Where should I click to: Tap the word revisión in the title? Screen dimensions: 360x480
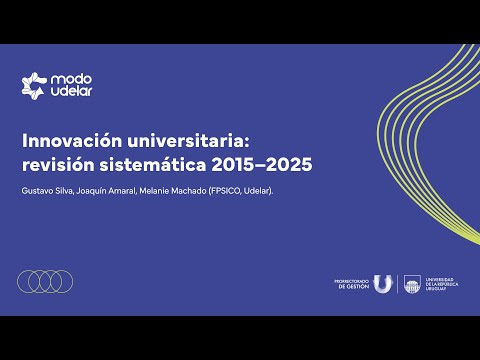(x=56, y=162)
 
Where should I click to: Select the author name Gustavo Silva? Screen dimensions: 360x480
(x=46, y=190)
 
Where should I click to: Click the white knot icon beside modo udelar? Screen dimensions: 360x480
(x=35, y=85)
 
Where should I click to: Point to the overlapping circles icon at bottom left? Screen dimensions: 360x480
(x=46, y=282)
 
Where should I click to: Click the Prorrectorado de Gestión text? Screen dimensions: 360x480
(x=352, y=285)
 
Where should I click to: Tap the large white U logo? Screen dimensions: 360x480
(x=384, y=285)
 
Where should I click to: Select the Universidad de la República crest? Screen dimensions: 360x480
(x=412, y=285)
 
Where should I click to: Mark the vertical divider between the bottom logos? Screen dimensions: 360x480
(x=398, y=285)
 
